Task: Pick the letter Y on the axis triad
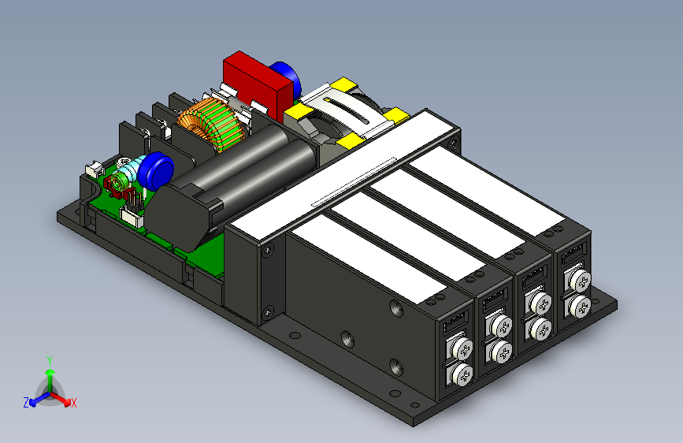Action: click(50, 361)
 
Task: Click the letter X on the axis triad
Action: click(73, 403)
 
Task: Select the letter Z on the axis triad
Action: click(26, 403)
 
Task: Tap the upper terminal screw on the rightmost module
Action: click(580, 281)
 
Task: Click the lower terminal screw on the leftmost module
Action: click(462, 374)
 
